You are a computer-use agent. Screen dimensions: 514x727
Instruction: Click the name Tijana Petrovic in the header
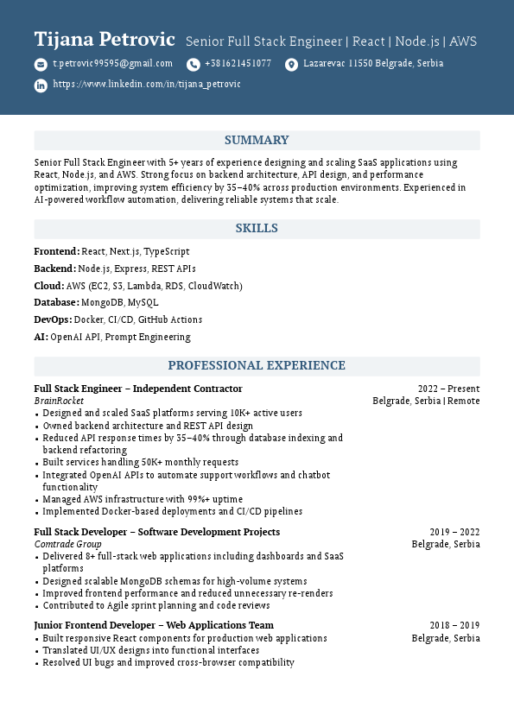pos(105,40)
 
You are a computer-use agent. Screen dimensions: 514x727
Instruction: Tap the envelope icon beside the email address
pos(41,65)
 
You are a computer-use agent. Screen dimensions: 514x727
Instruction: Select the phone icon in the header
pos(193,65)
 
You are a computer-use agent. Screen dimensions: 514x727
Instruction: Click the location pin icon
pos(291,65)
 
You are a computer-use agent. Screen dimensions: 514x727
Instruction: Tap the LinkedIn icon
pos(41,85)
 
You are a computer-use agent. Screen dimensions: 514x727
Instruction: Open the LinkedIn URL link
pos(147,85)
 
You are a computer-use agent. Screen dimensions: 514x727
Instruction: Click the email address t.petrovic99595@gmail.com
pos(112,64)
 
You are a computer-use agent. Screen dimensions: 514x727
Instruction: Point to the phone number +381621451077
pos(238,64)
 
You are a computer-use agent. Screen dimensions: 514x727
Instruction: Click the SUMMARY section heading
pos(257,141)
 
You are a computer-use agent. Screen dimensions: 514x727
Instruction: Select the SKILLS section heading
pos(257,229)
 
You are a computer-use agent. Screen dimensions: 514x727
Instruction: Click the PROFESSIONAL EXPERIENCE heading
pos(257,366)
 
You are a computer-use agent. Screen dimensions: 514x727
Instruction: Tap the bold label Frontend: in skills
pos(56,251)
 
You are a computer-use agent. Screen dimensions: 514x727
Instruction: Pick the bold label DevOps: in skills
pos(53,320)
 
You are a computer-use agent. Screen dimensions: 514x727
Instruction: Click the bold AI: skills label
pos(41,338)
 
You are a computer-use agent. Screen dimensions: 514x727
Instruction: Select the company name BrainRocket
pos(59,401)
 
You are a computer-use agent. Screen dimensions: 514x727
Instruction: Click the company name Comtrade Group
pos(67,545)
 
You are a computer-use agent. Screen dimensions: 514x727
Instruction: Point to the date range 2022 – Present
pos(448,389)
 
